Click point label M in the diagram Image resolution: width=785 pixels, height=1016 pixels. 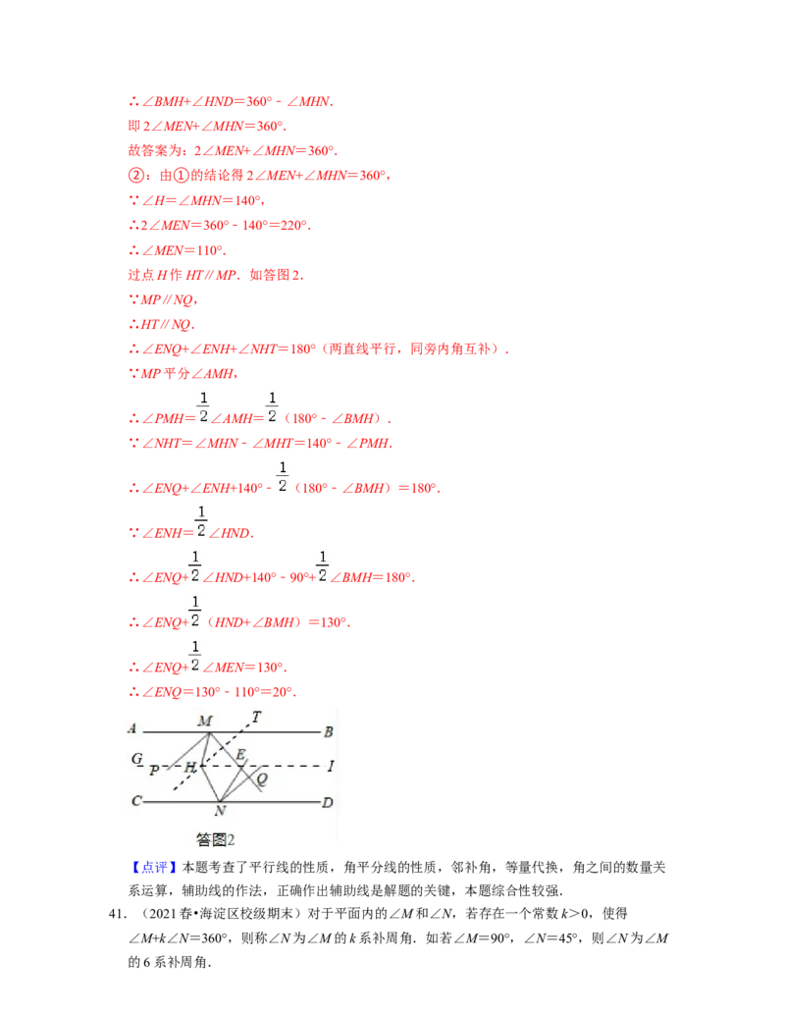204,721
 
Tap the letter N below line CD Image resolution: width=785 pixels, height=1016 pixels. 220,811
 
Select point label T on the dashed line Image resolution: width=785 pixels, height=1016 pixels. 256,717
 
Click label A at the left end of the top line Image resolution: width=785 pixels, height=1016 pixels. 131,728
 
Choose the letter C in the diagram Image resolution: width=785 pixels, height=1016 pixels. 135,801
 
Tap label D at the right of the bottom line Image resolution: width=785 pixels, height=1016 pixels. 328,803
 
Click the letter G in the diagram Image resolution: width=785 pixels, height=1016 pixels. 136,759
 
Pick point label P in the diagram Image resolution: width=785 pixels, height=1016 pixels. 154,771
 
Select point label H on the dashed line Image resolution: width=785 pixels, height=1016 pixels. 190,766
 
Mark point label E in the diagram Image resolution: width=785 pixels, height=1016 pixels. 240,754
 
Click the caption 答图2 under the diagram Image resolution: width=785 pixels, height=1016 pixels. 215,839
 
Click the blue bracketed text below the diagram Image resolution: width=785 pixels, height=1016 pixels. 155,868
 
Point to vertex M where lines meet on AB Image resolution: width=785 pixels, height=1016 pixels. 209,731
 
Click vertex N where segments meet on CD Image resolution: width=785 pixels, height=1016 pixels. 219,801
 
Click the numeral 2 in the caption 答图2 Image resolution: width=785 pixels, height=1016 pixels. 231,839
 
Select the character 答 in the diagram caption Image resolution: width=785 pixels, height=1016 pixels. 203,839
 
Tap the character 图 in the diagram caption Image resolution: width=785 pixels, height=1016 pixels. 218,839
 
